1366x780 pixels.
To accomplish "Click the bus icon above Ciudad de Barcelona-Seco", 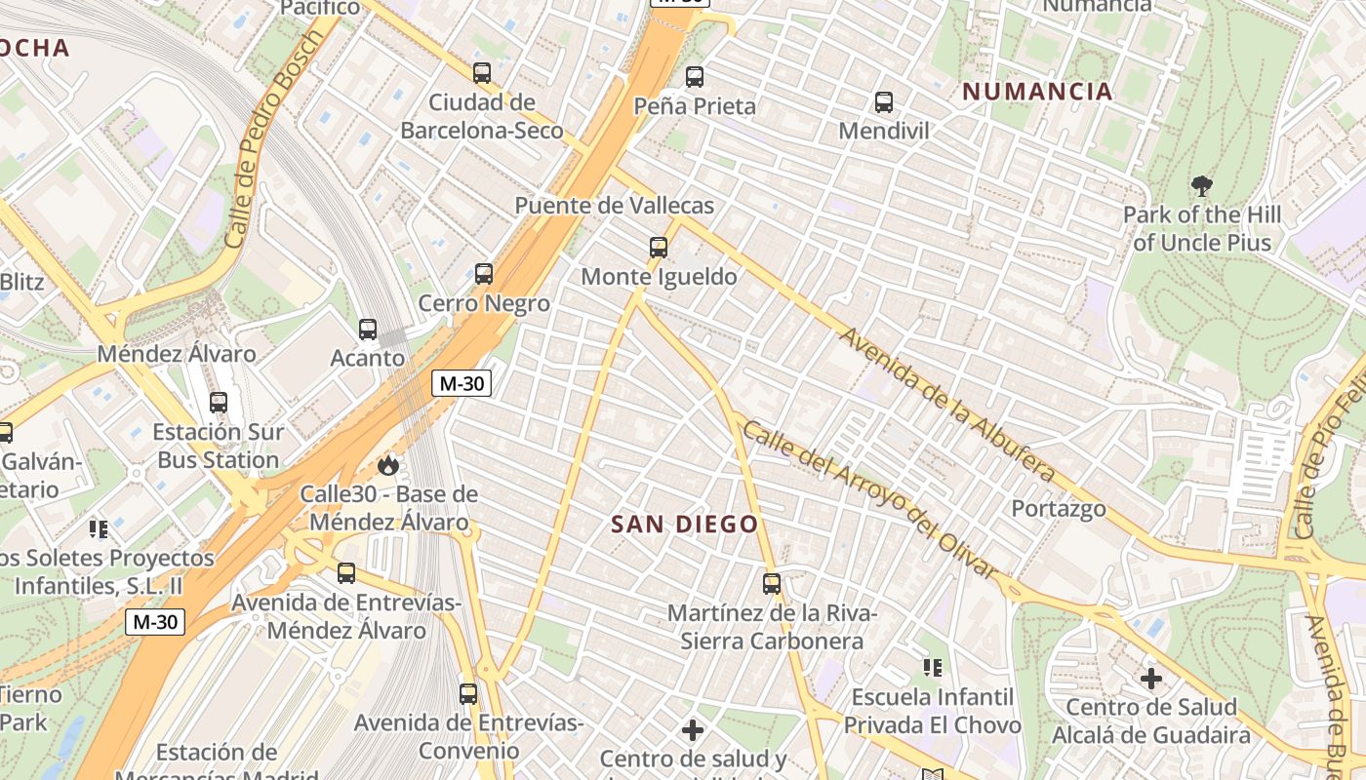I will coord(482,73).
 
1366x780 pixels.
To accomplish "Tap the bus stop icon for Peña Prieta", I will coord(695,77).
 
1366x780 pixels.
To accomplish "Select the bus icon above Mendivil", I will coord(884,102).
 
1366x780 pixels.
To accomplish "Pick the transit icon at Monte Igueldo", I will coord(659,248).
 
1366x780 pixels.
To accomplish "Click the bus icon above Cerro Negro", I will coord(484,274).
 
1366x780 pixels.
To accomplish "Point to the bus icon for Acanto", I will coord(368,330).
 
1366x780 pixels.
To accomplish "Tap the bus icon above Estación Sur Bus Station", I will coord(219,403).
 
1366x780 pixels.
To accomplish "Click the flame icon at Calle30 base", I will coord(388,465).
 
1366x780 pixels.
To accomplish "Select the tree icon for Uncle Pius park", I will coord(1202,185).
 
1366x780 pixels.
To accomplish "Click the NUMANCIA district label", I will coord(1037,92).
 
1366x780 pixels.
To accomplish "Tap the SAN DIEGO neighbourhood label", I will coord(684,525).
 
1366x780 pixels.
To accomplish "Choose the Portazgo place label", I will coord(1059,509).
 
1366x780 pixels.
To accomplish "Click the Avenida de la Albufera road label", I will coord(947,405).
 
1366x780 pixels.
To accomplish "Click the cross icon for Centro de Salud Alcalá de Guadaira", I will coord(1151,678).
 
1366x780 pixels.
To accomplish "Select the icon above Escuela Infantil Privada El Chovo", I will coord(933,668).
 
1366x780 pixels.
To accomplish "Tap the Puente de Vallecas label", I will coord(615,206).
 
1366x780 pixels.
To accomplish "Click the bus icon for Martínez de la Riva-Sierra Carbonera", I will coord(772,584).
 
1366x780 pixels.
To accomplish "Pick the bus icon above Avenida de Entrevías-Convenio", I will coord(468,694).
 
